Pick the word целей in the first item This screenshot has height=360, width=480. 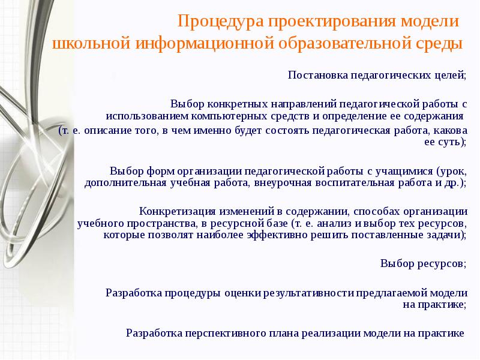tap(449, 76)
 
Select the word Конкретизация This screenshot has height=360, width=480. tap(173, 211)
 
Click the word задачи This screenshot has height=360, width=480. tap(446, 235)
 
